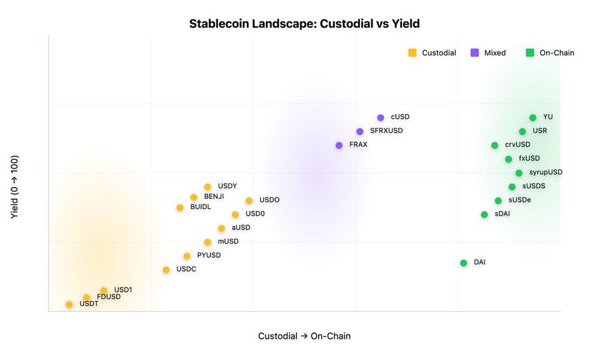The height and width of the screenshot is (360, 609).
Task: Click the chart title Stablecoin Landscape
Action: [x=304, y=24]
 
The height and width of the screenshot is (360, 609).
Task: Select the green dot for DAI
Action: [x=464, y=263]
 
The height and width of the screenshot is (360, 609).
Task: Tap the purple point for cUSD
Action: [x=380, y=118]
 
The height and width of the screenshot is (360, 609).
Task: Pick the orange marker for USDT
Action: [x=69, y=305]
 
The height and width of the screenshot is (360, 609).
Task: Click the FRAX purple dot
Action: [x=339, y=145]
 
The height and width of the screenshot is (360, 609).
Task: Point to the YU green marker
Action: [x=533, y=118]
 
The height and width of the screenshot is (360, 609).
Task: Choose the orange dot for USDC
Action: [x=166, y=270]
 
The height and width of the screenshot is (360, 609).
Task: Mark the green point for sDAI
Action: [x=484, y=215]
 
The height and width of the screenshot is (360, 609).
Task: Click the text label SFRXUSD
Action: [x=386, y=131]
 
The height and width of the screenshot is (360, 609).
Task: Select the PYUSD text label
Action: [x=209, y=256]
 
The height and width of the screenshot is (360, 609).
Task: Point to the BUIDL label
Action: [x=200, y=207]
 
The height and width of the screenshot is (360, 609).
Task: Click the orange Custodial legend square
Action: [x=412, y=53]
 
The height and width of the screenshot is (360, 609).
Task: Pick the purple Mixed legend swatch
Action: [x=475, y=53]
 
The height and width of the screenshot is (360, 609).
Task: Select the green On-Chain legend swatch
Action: [x=530, y=53]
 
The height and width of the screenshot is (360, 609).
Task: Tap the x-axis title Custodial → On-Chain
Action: [x=304, y=336]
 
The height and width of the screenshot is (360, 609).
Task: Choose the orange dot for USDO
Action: [x=249, y=201]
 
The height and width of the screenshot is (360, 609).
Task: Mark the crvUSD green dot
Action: [x=495, y=145]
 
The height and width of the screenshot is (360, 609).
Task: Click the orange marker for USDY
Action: [x=208, y=187]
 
